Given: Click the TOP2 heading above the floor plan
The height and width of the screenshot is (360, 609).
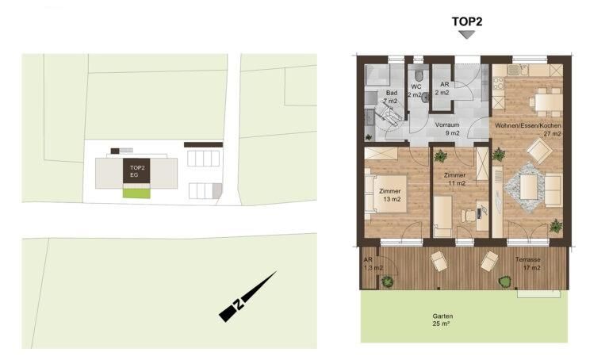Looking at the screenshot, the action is click(x=467, y=21).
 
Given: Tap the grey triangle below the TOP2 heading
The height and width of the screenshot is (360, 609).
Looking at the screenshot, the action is click(x=467, y=35).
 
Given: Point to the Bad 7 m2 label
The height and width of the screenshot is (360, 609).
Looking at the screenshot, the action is click(x=391, y=97).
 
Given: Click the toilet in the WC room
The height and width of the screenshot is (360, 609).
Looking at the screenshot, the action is click(x=419, y=74).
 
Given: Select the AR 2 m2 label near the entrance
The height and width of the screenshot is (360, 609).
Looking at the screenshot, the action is click(x=442, y=89).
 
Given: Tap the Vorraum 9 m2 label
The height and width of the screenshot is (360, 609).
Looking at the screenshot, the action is click(x=447, y=129).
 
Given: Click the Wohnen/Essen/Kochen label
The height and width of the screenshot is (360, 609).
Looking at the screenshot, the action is click(x=527, y=125).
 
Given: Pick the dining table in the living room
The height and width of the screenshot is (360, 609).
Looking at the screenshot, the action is click(x=547, y=102).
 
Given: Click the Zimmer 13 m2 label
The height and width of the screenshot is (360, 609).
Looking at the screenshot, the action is click(x=390, y=195).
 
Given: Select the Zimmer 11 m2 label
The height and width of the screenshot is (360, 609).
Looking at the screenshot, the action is click(x=455, y=179).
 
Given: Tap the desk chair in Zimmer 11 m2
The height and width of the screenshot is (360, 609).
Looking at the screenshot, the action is click(x=469, y=216).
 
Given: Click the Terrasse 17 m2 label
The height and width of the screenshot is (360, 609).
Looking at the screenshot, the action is click(x=528, y=264).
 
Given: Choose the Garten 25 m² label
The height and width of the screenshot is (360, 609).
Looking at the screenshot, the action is click(x=442, y=320).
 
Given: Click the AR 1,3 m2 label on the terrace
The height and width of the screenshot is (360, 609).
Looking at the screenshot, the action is click(x=373, y=264).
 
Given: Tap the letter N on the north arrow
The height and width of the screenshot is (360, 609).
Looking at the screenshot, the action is click(x=239, y=304).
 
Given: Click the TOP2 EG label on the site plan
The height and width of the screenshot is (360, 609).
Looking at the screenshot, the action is click(x=136, y=171).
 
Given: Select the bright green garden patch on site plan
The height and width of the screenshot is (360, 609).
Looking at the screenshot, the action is click(x=136, y=193).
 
